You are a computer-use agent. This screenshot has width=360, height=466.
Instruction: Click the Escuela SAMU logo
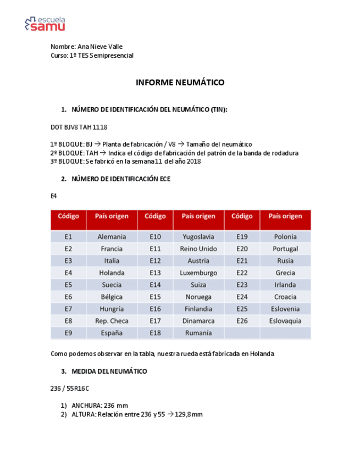coord(45,24)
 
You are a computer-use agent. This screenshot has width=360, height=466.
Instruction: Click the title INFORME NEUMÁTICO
coord(180,82)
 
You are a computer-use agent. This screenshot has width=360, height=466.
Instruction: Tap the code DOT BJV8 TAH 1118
coord(79,127)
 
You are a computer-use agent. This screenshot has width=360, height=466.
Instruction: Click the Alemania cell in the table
coord(112,237)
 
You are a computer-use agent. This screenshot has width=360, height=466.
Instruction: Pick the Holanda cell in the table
coord(112,273)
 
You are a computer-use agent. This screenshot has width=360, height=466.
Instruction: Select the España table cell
coord(112,332)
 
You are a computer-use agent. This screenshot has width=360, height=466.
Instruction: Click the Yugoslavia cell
coord(198,237)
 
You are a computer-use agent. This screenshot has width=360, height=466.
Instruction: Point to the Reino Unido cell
coord(198,249)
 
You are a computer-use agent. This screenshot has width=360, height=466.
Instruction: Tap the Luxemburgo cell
coord(198,273)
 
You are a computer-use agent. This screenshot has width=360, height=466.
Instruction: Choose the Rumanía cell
coord(198,332)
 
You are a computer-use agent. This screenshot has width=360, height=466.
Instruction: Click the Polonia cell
coord(285,237)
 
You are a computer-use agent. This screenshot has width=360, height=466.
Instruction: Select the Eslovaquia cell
coord(285,320)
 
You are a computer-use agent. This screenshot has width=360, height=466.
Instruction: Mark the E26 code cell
coord(242,320)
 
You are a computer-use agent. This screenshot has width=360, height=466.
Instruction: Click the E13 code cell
coord(155,273)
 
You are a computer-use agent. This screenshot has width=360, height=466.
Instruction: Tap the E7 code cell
coord(68,309)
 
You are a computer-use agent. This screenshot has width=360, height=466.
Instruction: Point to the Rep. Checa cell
coord(112,320)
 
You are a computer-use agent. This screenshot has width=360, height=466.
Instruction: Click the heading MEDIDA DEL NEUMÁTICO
coord(109,371)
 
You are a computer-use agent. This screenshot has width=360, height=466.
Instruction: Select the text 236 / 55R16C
coord(69,388)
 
